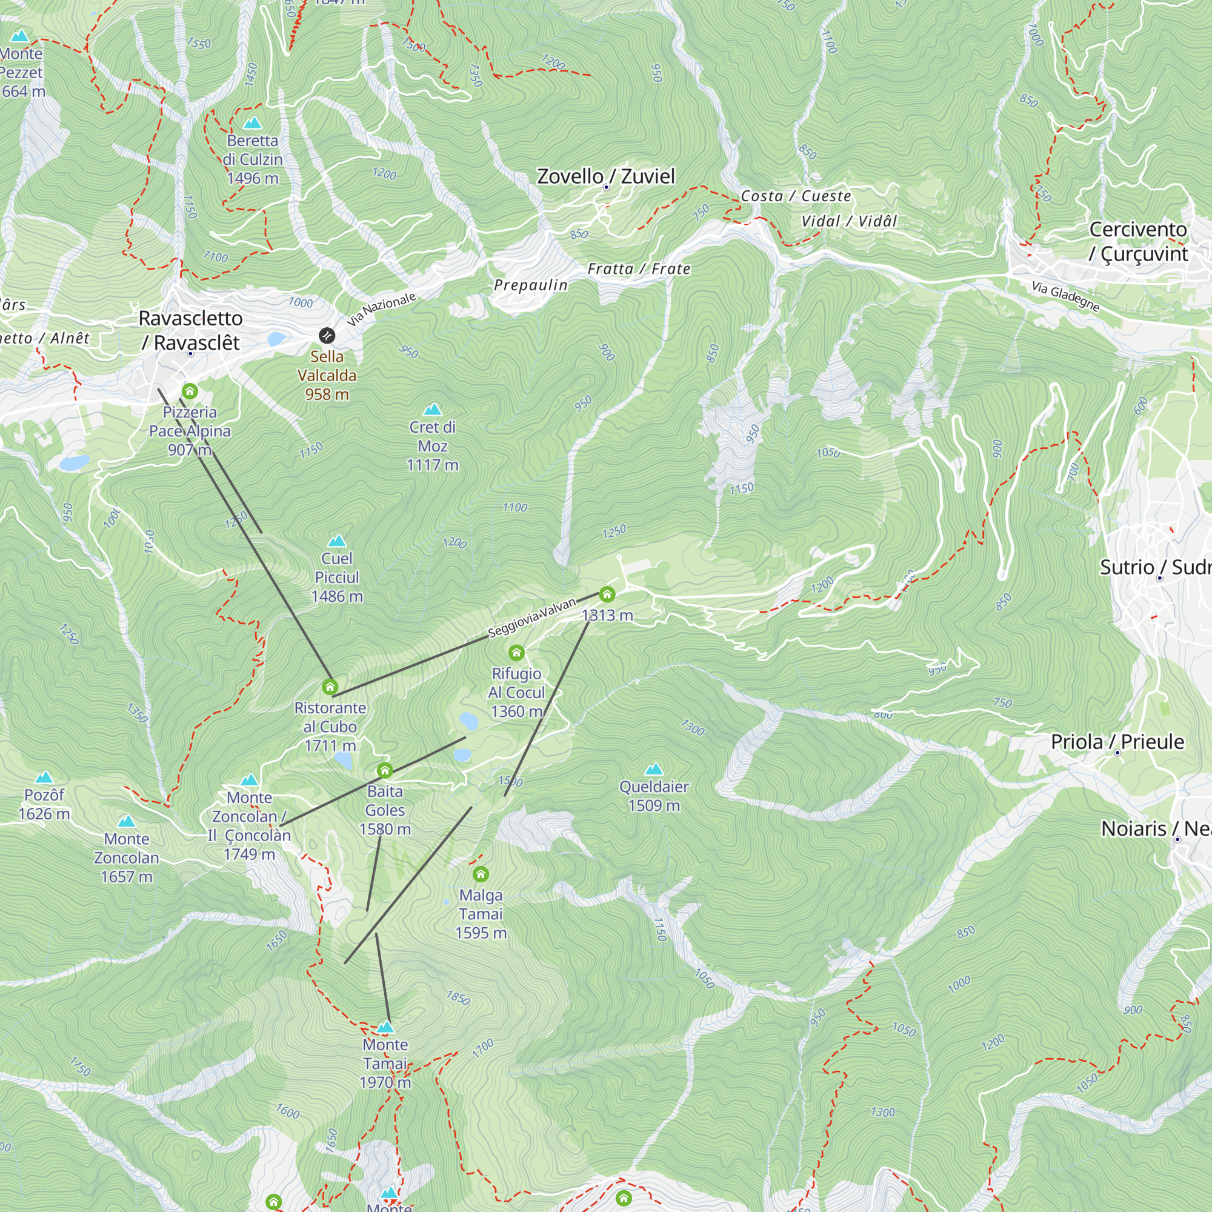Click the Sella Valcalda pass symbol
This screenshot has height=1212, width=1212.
click(x=327, y=336)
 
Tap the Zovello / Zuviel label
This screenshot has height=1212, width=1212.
click(x=605, y=176)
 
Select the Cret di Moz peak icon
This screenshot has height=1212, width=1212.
click(x=432, y=410)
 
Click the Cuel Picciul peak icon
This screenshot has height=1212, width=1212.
click(x=337, y=541)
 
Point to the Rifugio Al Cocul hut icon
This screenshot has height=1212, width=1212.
click(x=516, y=653)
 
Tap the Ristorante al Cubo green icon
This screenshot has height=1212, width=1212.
click(x=330, y=687)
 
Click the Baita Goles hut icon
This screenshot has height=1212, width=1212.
click(x=385, y=770)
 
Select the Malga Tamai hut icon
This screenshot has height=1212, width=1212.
click(x=481, y=874)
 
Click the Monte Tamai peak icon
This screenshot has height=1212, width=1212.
click(x=385, y=1027)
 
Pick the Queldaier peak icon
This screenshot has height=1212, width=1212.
click(x=654, y=769)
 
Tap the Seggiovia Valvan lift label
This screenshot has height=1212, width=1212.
click(x=531, y=618)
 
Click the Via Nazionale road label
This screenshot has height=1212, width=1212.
click(x=381, y=308)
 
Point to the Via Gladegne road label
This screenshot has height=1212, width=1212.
click(x=1065, y=296)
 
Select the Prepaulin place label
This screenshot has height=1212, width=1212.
click(x=530, y=285)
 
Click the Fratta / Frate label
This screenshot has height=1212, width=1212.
click(x=639, y=268)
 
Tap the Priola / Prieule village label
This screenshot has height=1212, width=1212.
click(x=1117, y=742)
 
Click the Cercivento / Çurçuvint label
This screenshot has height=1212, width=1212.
click(x=1138, y=242)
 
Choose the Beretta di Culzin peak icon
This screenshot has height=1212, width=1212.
click(x=252, y=123)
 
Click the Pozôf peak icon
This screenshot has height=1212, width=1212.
click(x=44, y=778)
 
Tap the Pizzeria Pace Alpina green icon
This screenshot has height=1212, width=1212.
click(x=190, y=391)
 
